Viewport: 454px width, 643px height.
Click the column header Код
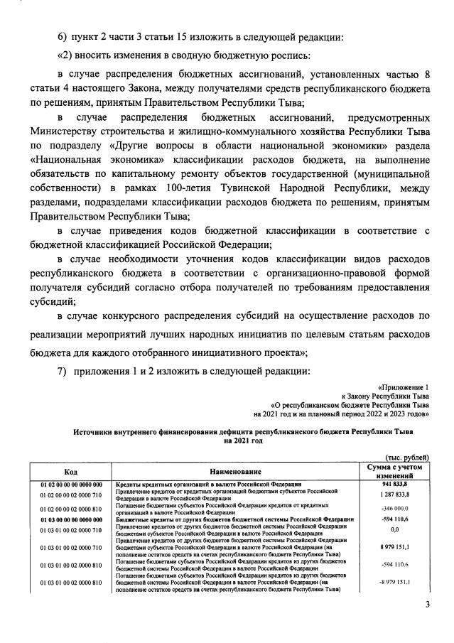tap(71, 471)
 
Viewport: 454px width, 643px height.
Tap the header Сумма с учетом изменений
tap(399, 471)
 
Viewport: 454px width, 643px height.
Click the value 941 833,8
tap(399, 485)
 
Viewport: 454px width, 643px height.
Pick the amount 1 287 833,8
tap(399, 494)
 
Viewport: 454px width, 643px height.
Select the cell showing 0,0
tap(399, 529)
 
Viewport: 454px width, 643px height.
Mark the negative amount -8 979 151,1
tap(399, 583)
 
